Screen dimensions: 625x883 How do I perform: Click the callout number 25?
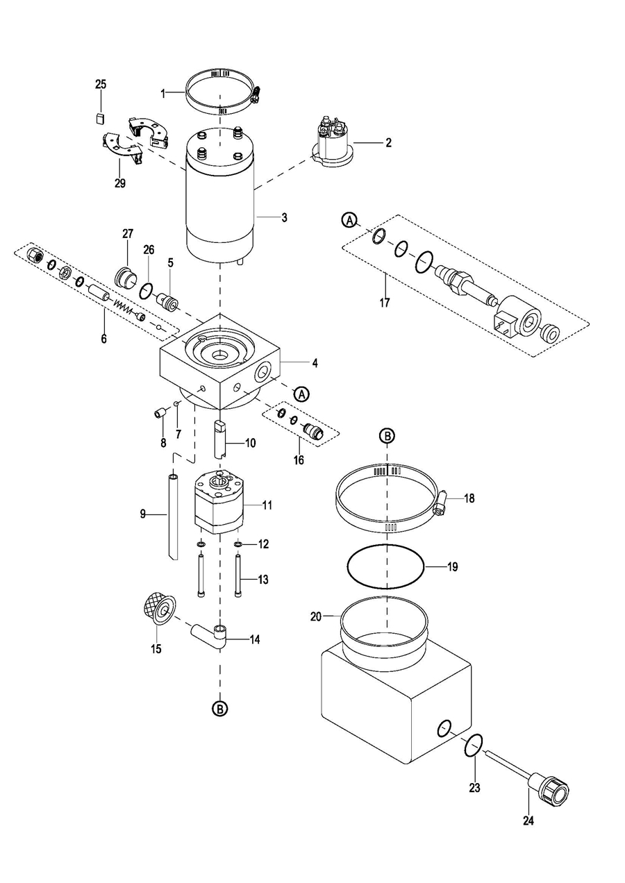(101, 85)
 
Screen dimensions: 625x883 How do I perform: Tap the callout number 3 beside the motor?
(284, 217)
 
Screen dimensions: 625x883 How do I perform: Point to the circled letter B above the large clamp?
(387, 436)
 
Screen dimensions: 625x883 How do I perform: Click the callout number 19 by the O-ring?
(453, 567)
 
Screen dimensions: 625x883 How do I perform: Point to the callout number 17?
(385, 303)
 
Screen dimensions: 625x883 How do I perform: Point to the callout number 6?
(103, 339)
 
